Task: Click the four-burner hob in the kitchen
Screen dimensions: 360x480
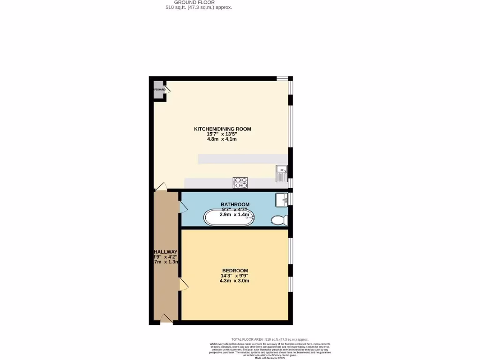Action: pos(240,183)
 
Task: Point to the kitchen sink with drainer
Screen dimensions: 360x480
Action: pos(281,173)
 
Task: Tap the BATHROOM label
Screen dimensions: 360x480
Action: pos(235,204)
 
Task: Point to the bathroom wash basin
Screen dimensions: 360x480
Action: pos(282,199)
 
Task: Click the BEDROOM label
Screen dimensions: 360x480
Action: pos(234,270)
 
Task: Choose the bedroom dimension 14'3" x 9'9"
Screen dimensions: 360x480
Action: pos(234,276)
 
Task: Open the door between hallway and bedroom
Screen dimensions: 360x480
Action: pos(182,284)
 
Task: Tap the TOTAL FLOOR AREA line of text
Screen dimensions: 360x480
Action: pos(270,339)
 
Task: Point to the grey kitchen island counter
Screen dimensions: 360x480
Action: pos(242,159)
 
